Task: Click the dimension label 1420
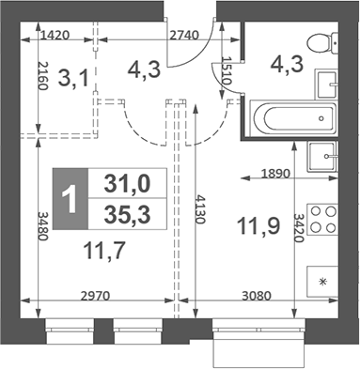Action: click(x=57, y=37)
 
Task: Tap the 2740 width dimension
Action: click(x=184, y=37)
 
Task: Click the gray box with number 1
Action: click(x=70, y=197)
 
